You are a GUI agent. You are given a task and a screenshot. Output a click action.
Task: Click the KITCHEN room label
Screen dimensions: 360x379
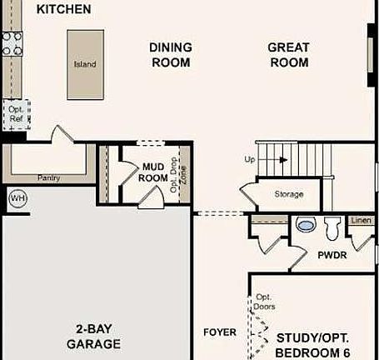pos(64,9)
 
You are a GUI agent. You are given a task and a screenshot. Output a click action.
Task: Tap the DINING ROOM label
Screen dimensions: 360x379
pos(170,55)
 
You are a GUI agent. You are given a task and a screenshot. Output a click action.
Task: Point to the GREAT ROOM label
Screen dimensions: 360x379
pos(288,55)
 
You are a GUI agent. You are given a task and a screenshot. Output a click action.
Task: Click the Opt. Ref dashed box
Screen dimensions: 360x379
pos(16,113)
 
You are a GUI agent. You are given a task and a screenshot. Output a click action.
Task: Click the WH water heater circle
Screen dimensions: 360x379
pos(17,198)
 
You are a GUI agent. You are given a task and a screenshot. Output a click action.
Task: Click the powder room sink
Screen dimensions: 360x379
pos(305,225)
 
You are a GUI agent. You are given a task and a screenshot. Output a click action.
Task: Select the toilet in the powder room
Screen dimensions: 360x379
pos(332,226)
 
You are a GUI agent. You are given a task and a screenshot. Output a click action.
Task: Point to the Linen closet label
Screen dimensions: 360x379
pos(360,220)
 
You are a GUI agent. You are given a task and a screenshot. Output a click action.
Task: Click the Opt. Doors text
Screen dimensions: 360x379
pos(264,302)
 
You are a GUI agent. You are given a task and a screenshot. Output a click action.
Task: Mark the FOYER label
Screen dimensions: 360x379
pos(220,333)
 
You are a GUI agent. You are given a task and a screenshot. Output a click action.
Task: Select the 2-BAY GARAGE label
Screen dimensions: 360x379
pos(93,336)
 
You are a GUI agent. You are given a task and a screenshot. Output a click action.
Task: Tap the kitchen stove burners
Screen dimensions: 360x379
pos(12,43)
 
